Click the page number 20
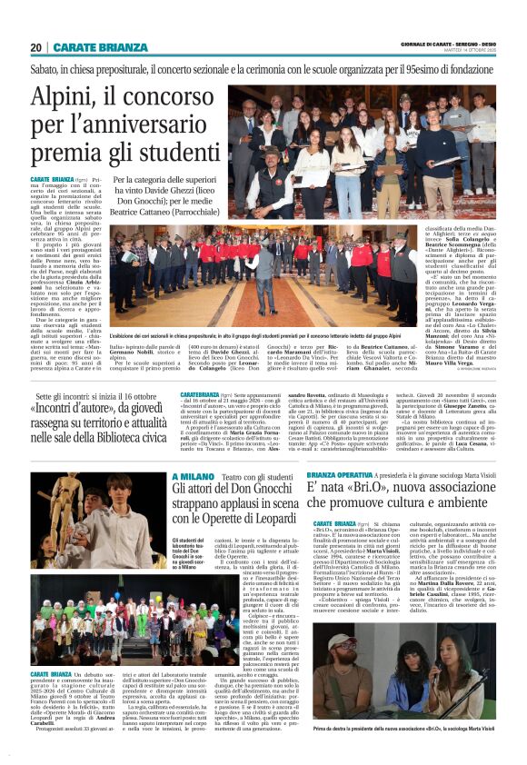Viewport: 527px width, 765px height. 35,47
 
